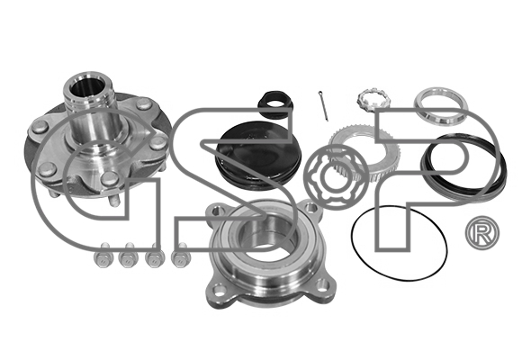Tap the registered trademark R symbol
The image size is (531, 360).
pyautogui.click(x=482, y=233)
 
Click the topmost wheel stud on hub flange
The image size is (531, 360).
pyautogui.click(x=145, y=103)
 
